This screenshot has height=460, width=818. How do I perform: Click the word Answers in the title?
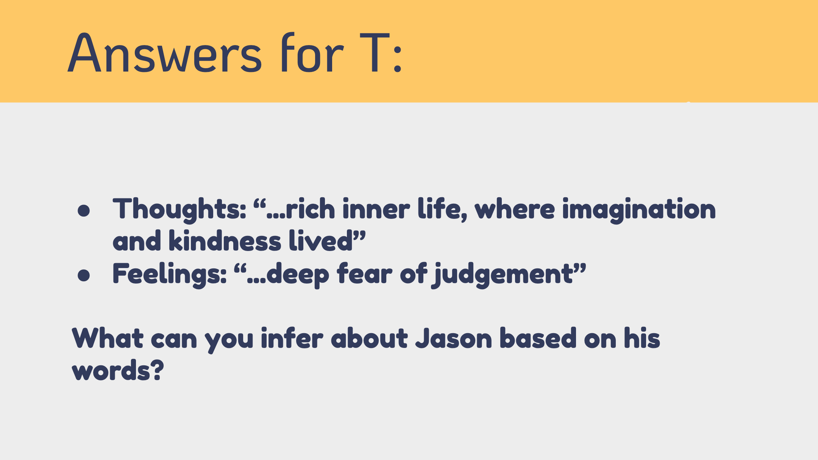(x=164, y=53)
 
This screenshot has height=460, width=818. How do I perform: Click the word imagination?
(x=639, y=209)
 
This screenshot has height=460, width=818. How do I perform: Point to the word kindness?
(x=225, y=241)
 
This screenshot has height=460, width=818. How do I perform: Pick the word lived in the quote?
(x=321, y=241)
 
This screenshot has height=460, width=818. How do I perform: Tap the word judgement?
(x=503, y=274)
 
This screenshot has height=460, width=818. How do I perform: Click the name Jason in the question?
(x=454, y=338)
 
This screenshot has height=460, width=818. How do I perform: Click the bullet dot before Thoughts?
(x=84, y=211)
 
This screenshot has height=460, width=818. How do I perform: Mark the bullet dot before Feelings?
(x=84, y=275)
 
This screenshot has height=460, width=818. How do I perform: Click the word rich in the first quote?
(x=310, y=209)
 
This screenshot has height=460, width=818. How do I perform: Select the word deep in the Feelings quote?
(x=298, y=274)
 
